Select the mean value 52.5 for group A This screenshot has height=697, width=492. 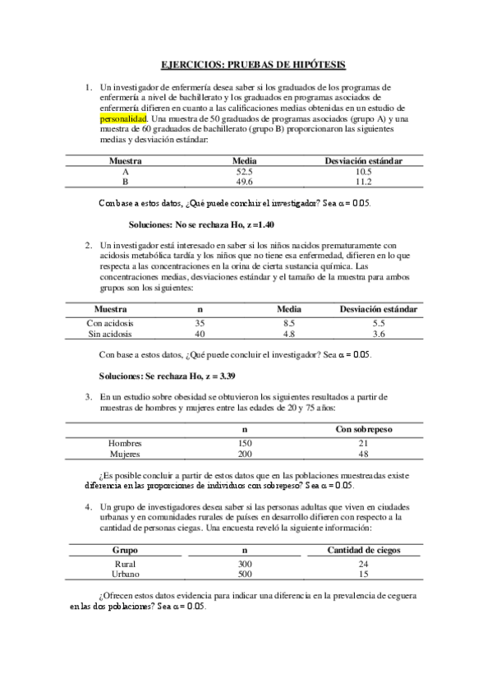244,172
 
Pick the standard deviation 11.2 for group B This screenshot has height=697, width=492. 363,182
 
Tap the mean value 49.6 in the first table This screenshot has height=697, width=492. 244,182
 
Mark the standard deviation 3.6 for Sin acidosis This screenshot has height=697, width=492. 379,334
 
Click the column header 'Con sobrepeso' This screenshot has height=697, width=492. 363,429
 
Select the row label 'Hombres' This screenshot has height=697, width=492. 125,443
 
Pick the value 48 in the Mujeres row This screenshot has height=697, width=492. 363,454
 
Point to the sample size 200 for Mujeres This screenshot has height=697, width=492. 244,454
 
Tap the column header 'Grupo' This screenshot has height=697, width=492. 125,550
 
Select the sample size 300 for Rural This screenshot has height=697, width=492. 244,564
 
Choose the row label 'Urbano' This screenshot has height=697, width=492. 125,575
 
